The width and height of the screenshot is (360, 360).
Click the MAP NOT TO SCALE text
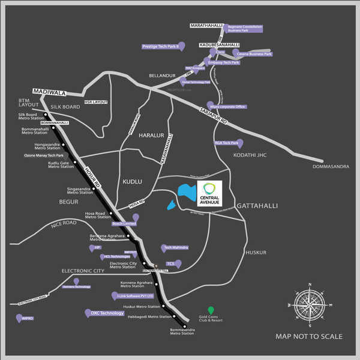pyautogui.click(x=309, y=337)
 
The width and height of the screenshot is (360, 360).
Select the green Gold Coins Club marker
pyautogui.click(x=210, y=310)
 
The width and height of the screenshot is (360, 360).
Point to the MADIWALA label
pyautogui.click(x=48, y=91)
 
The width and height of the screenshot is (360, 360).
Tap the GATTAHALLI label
pyautogui.click(x=257, y=206)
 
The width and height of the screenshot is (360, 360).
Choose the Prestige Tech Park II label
pyautogui.click(x=160, y=46)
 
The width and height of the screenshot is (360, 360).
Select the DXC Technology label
pyautogui.click(x=107, y=313)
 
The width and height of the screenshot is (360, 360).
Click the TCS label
pyautogui.click(x=170, y=263)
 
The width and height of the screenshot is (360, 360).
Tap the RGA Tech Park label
pyautogui.click(x=226, y=143)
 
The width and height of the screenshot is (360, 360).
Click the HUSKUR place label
pyautogui.click(x=256, y=253)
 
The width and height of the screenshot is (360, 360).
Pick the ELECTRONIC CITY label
pyautogui.click(x=83, y=271)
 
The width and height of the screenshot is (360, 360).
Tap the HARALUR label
pyautogui.click(x=151, y=136)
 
